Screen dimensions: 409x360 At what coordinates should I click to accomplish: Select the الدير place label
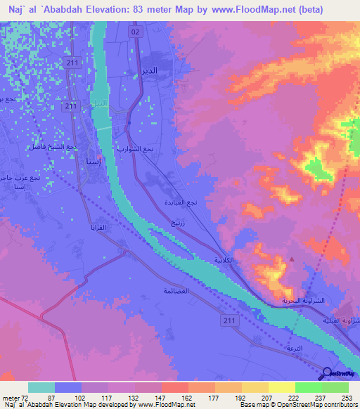point(164,72)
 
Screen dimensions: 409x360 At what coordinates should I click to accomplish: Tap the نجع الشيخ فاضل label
point(51,147)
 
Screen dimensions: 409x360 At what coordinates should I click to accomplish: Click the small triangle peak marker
point(292,259)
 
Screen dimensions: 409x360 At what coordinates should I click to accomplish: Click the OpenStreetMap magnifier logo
point(327,374)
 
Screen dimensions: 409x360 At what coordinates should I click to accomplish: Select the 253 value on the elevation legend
point(347,398)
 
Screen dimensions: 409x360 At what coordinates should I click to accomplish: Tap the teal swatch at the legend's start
point(41,387)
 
